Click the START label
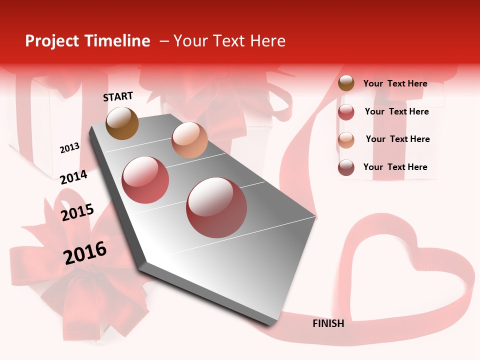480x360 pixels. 118,96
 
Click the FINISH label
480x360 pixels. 328,323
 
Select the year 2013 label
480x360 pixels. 69,148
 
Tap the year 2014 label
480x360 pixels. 73,177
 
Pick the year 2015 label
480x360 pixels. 77,212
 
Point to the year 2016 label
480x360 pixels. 85,252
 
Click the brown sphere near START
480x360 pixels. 122,123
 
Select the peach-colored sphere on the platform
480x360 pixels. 189,140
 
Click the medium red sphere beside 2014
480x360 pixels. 145,180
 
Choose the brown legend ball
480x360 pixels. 346,83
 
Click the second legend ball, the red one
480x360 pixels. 346,112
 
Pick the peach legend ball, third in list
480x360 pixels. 346,140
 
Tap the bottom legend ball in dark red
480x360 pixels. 346,167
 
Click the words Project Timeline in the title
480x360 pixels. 87,41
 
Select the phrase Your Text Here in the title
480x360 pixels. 229,41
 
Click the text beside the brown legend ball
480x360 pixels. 395,83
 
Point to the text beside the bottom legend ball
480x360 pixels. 395,167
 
